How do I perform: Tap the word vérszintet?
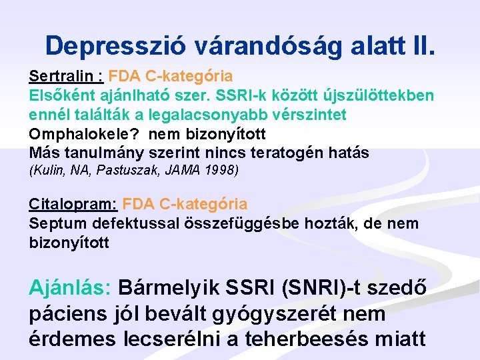pyautogui.click(x=311, y=115)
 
